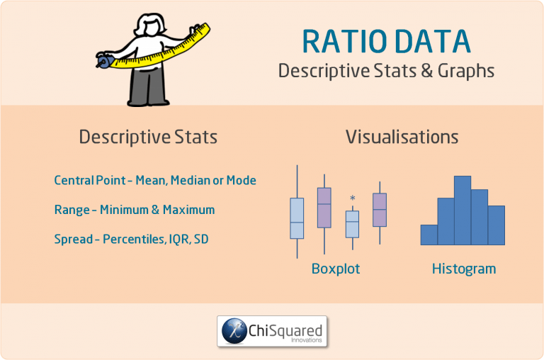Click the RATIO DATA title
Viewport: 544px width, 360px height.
(386, 42)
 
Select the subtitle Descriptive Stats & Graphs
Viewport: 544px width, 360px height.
(386, 71)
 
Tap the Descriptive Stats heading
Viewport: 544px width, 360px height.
(148, 137)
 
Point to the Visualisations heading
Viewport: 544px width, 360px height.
(402, 137)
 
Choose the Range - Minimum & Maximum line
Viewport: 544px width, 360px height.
(134, 210)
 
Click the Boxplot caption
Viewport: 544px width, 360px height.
(336, 269)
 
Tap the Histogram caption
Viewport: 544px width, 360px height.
(464, 269)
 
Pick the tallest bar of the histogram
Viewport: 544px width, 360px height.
(463, 210)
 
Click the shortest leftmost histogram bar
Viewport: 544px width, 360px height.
(429, 235)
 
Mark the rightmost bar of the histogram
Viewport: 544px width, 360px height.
(497, 225)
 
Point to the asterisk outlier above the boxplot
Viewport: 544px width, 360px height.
(352, 199)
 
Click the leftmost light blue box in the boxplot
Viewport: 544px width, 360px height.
(297, 218)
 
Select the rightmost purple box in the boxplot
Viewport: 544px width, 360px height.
(380, 210)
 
